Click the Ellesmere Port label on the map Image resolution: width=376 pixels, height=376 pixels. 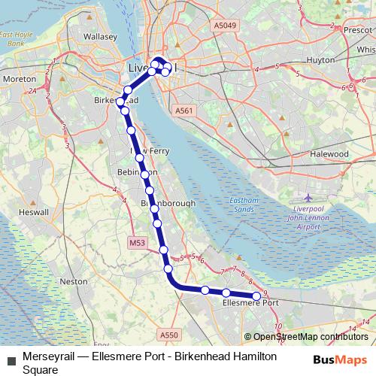click(251, 304)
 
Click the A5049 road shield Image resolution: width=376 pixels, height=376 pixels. click(224, 25)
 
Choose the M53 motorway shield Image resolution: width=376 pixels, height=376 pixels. click(136, 243)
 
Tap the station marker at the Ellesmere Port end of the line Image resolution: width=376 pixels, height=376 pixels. click(256, 296)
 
